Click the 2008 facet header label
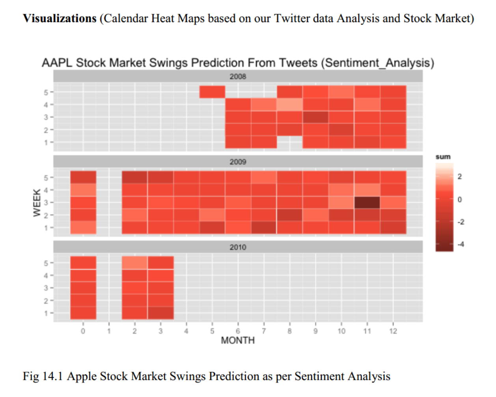238,77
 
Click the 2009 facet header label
238,162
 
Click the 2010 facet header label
238,247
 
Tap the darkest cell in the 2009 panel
367,202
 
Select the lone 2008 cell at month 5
212,92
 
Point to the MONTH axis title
238,341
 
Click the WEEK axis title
37,202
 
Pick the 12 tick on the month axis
393,331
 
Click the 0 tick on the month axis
83,331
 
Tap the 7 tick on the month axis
264,331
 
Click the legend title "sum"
443,157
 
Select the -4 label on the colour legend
461,244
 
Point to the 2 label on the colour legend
459,176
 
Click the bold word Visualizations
60,19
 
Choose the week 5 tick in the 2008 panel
46,92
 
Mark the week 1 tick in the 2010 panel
46,313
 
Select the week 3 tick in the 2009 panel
46,202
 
